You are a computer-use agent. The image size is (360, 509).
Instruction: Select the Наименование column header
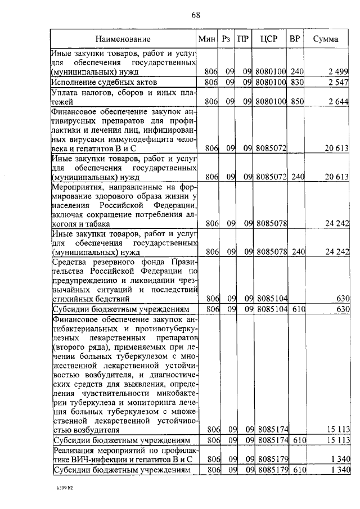[123, 39]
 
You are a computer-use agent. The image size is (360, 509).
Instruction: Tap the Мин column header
[206, 39]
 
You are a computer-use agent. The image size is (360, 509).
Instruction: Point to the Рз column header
[226, 39]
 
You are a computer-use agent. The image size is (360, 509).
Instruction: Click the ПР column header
[243, 39]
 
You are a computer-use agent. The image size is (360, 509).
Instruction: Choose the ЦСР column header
[268, 39]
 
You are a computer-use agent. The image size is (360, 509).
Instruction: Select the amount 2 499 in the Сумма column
[338, 71]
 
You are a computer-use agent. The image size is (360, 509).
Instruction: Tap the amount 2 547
[338, 82]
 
